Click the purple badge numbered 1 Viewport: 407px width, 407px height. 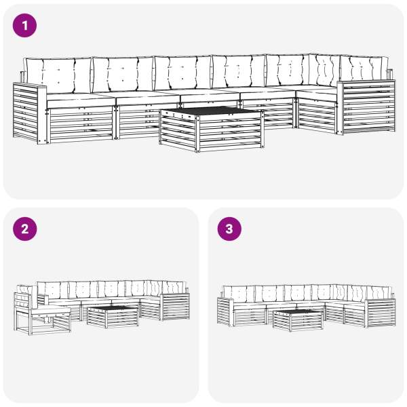coord(24,26)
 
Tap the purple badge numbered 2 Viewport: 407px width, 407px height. coord(24,229)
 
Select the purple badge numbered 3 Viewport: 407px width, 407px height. coord(229,229)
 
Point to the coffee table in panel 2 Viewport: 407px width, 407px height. coord(113,316)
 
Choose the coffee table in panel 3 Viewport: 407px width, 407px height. coord(298,320)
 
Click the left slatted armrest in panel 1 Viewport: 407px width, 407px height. coord(30,113)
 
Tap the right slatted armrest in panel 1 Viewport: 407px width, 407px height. coord(366,107)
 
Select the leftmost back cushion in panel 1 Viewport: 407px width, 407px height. coord(58,75)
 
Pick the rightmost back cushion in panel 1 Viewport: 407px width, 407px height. coord(364,68)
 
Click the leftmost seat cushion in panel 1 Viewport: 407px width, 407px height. coord(81,100)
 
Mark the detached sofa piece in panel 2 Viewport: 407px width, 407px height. coord(42,309)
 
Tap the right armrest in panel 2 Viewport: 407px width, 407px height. coord(175,307)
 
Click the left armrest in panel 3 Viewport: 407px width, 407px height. coord(225,311)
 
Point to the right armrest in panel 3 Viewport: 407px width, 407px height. coord(380,313)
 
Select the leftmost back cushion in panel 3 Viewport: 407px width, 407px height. coord(239,294)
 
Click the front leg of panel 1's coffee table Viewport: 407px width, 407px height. coord(197,134)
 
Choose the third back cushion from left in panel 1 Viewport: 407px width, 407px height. coord(182,73)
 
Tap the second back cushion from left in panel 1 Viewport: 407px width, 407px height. coord(123,74)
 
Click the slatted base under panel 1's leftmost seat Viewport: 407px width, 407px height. coord(80,124)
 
